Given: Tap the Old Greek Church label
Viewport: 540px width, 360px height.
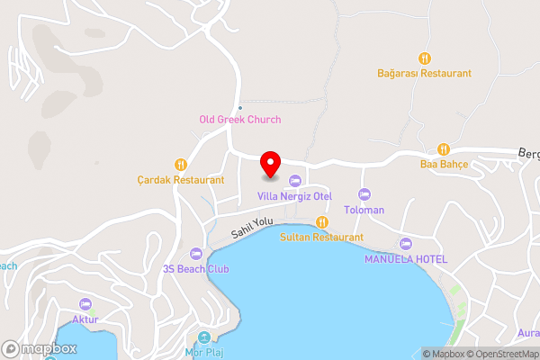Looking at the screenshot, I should point(239,120).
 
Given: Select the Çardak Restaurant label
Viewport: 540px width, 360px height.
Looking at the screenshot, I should point(181,180).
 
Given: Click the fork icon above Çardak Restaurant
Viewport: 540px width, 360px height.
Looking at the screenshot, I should point(181,165).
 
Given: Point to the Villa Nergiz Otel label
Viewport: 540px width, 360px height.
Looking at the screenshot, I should point(295,196).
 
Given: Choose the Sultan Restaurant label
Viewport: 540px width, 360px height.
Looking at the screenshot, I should point(321,237).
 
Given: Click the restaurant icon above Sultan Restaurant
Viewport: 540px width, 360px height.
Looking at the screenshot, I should point(321,223).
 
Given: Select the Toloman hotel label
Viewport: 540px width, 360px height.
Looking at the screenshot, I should point(364,210).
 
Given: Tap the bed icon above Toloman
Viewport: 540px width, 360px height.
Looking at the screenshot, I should point(364,194).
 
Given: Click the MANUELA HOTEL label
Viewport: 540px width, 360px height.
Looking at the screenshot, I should point(405,259).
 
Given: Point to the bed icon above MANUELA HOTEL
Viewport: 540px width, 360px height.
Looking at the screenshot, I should point(405,244).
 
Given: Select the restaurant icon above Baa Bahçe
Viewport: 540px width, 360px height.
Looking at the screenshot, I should point(443,148).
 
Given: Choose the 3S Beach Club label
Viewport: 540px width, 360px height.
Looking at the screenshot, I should point(196,269).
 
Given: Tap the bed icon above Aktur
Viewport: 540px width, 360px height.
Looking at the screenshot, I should point(85,304).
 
